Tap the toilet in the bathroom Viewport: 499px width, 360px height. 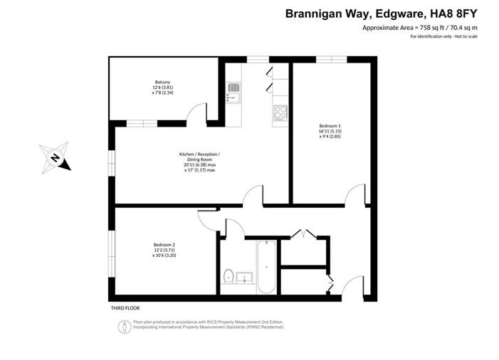pyautogui.click(x=229, y=275)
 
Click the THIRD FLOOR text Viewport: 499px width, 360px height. pyautogui.click(x=125, y=308)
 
